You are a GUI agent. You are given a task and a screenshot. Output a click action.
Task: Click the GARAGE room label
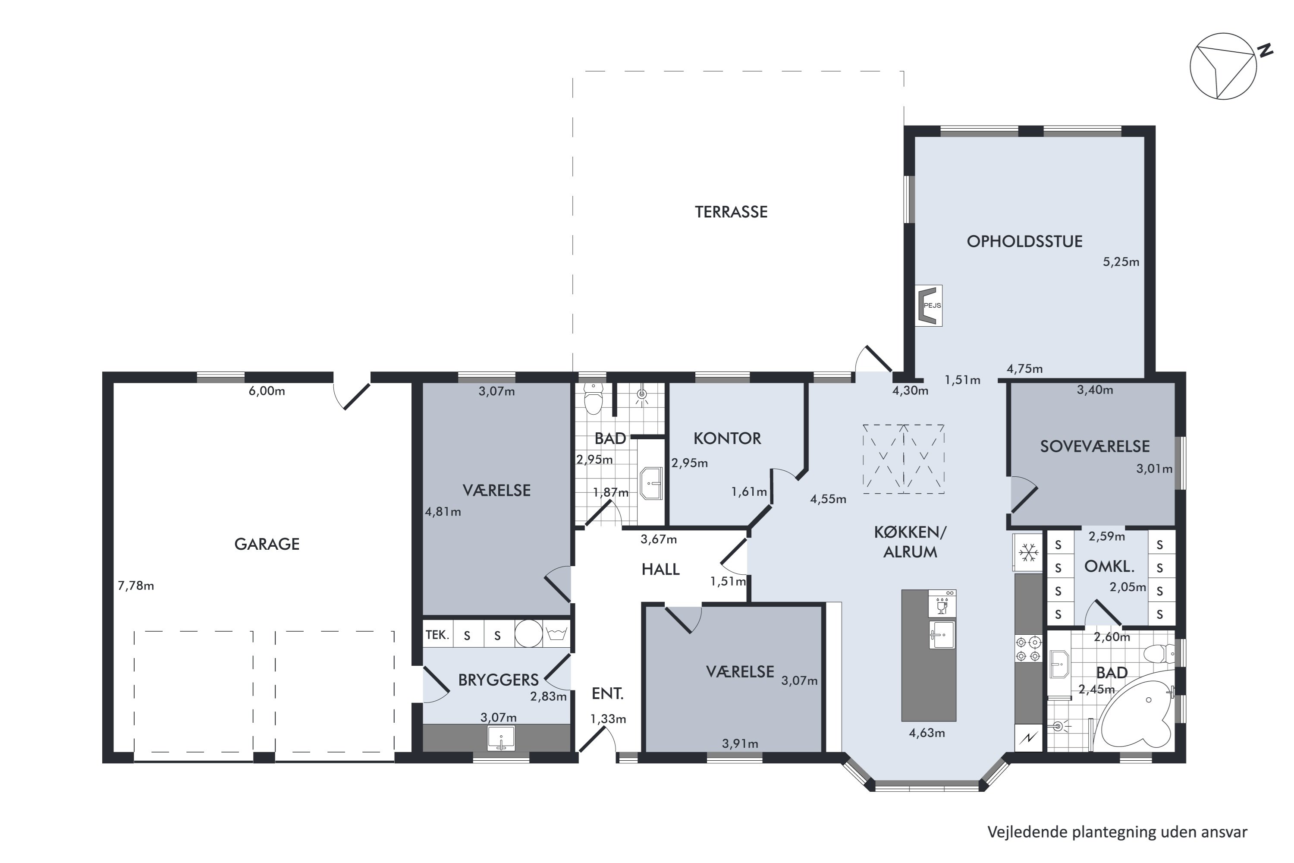click(267, 544)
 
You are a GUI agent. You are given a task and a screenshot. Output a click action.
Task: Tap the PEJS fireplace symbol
click(928, 306)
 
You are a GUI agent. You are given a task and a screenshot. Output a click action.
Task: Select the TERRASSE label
click(731, 212)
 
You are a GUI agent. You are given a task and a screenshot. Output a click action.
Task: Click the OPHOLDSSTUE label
click(1024, 242)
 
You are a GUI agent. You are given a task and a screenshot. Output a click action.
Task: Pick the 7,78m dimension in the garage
click(136, 586)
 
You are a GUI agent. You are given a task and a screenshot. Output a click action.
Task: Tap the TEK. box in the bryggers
click(437, 635)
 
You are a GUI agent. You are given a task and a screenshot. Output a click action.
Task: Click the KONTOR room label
click(727, 439)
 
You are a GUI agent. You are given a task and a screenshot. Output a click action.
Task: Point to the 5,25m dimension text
click(1121, 262)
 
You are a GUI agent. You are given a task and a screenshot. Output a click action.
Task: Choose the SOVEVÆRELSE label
click(1095, 446)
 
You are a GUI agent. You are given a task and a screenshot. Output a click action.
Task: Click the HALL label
click(660, 570)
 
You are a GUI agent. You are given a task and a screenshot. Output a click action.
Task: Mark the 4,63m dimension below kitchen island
click(927, 733)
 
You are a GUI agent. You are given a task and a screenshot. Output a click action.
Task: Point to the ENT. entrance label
click(607, 694)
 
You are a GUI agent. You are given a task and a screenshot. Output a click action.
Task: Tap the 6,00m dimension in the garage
click(267, 391)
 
